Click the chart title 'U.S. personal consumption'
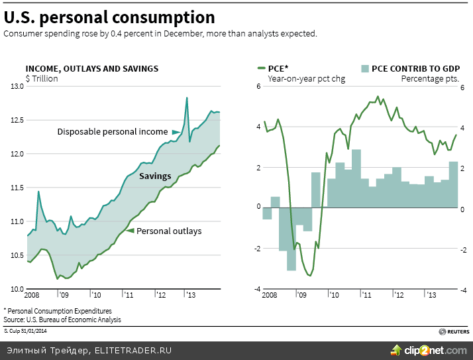point(109,17)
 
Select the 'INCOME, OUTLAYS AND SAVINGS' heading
point(91,68)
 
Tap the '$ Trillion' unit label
point(42,79)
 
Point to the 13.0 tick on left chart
point(16,86)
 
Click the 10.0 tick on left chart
point(16,289)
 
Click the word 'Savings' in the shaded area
point(155,176)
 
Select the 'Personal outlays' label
point(168,231)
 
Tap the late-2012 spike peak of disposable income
point(187,98)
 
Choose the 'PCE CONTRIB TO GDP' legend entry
point(409,68)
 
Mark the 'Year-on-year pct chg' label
point(306,79)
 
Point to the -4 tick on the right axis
point(464,290)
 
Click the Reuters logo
point(454,331)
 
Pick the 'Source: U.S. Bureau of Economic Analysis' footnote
point(62,320)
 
